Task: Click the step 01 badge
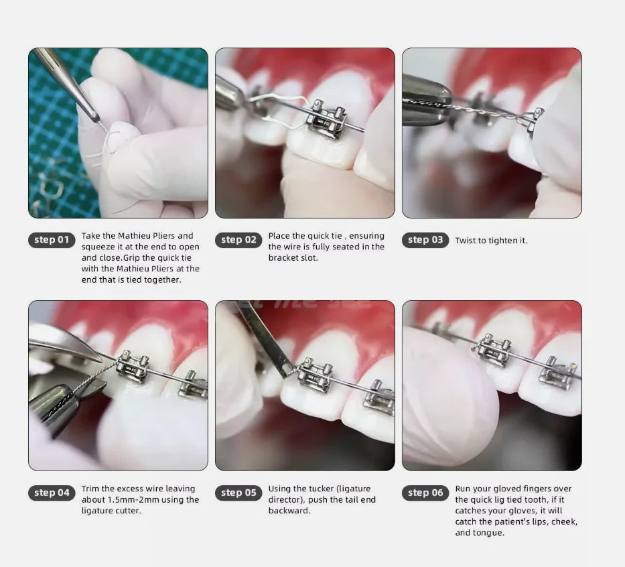coord(52,240)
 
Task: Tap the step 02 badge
coord(238,240)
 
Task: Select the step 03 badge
coord(425,240)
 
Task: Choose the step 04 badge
coord(52,493)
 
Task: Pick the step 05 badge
coord(238,493)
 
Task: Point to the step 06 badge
coord(425,493)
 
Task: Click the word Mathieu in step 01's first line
coord(135,236)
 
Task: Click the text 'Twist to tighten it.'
coord(491,241)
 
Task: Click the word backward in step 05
coord(289,511)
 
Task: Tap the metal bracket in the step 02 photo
coord(326,119)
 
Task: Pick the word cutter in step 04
coord(127,511)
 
